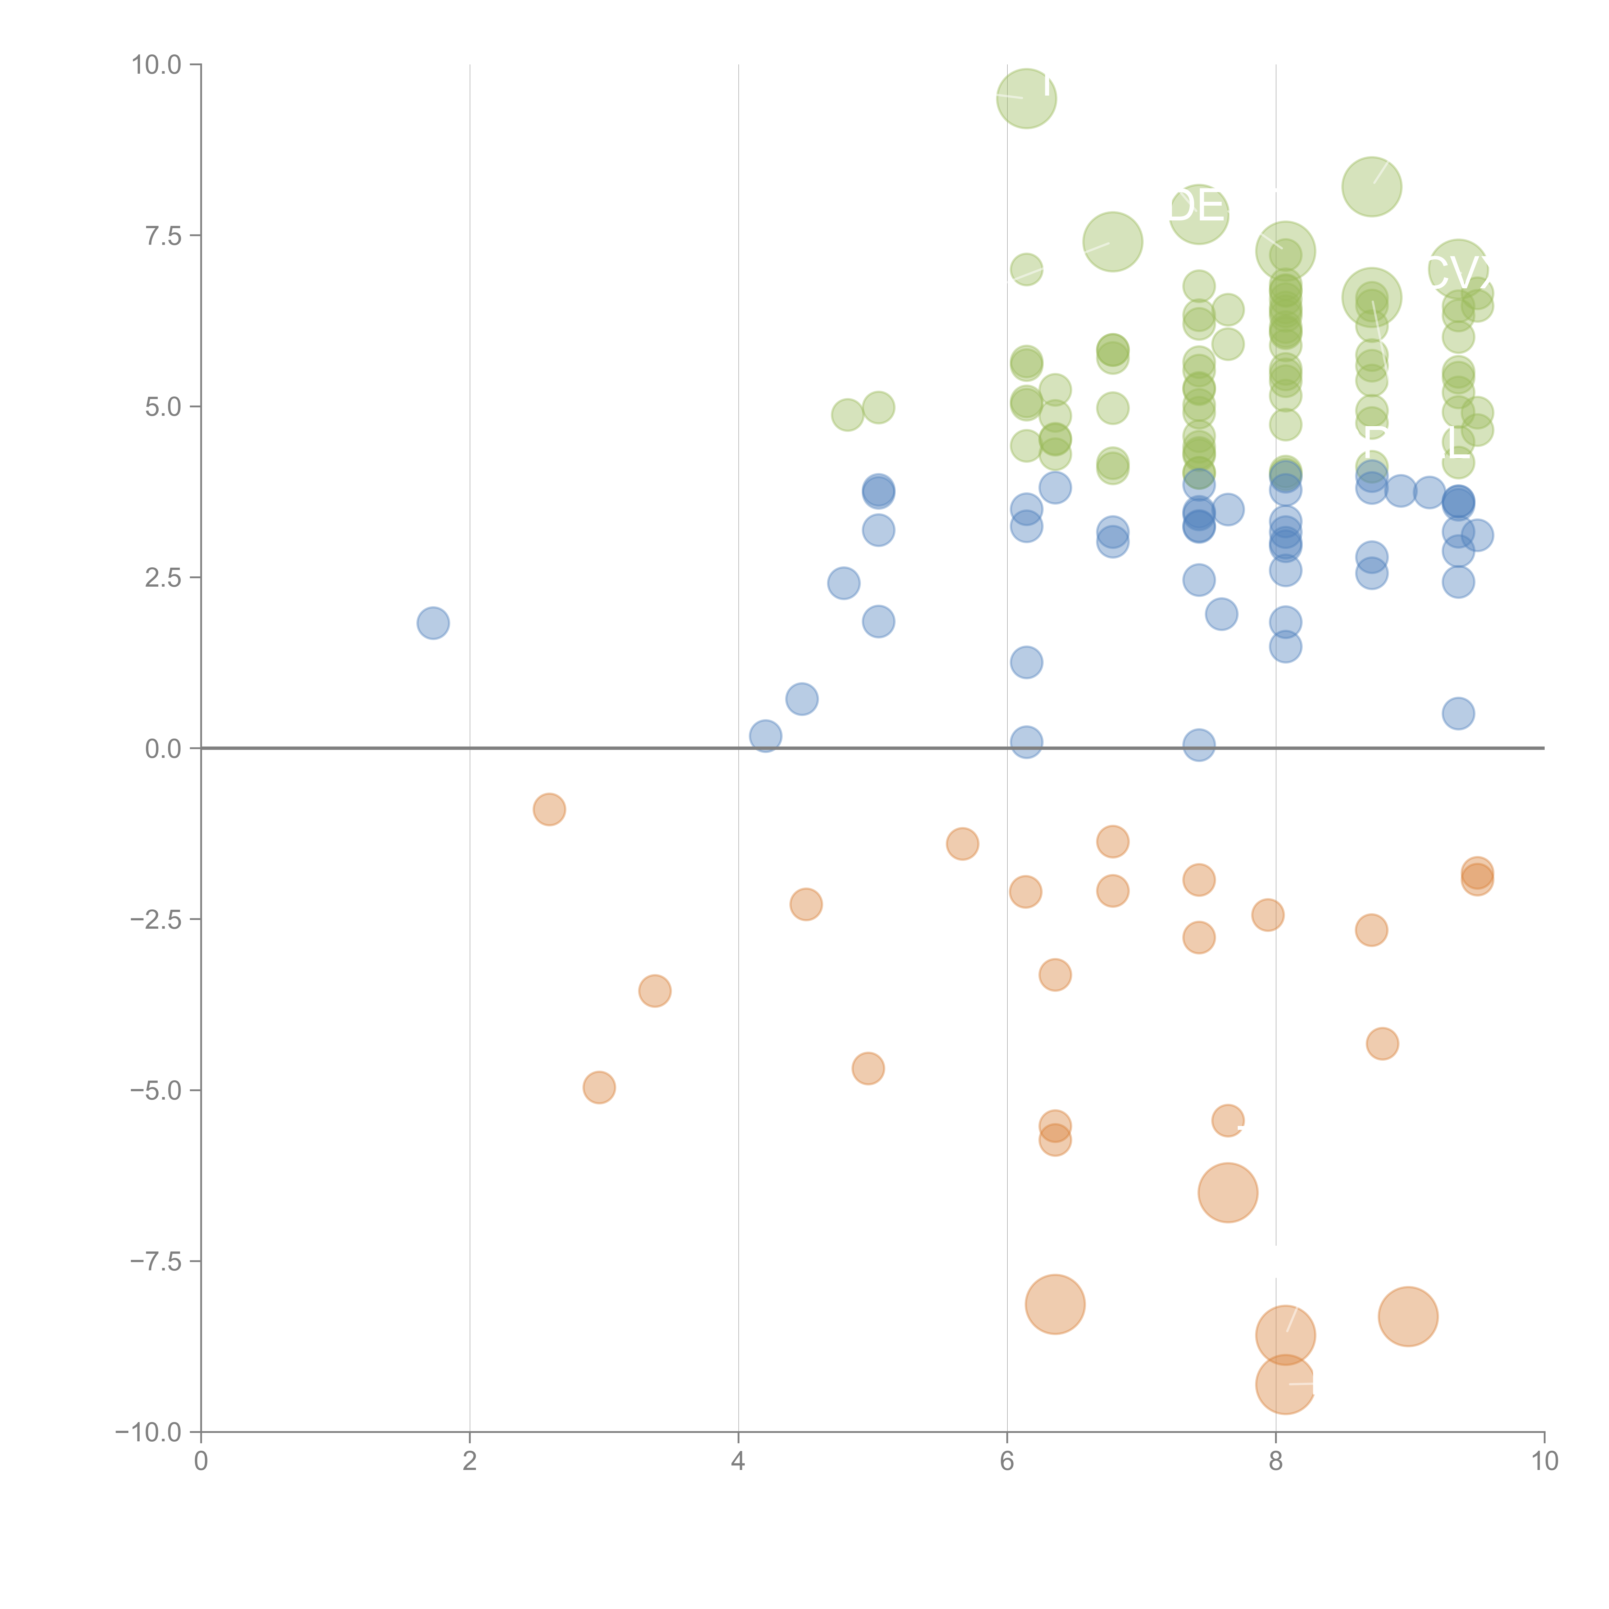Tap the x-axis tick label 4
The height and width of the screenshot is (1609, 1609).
[x=738, y=1462]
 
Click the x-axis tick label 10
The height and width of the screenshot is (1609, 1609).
[x=1544, y=1462]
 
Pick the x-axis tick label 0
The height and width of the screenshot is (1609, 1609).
[x=201, y=1462]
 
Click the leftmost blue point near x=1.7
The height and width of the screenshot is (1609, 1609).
[x=433, y=623]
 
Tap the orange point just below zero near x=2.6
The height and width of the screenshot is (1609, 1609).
[x=549, y=809]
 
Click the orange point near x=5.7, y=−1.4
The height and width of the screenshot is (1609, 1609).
[x=962, y=844]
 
